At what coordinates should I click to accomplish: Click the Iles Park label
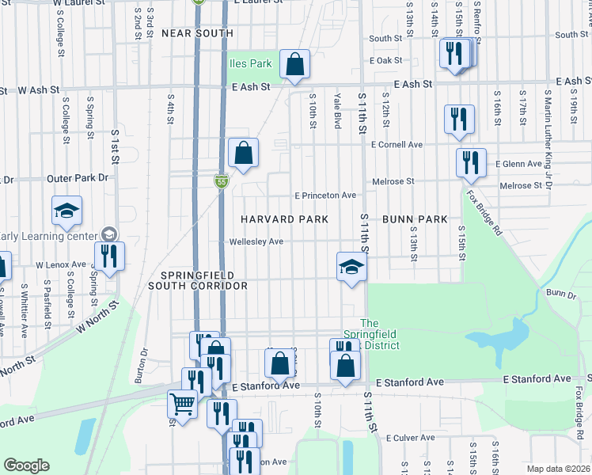click(250, 63)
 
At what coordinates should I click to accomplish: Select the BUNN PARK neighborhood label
click(415, 218)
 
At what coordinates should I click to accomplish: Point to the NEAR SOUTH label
click(197, 33)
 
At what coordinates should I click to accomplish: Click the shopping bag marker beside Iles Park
click(294, 66)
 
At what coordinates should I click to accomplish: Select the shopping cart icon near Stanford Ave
click(182, 404)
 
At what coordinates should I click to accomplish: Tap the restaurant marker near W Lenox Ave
click(108, 256)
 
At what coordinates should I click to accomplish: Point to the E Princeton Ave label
click(324, 195)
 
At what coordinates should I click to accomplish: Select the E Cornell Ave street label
click(397, 145)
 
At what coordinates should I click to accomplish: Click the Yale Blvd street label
click(337, 108)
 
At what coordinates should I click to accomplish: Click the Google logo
click(26, 465)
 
